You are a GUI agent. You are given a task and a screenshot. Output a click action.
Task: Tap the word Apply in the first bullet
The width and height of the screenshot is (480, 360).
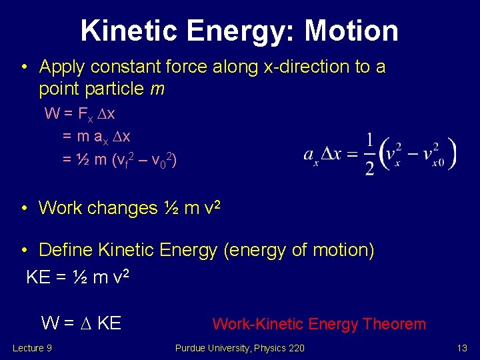(x=63, y=67)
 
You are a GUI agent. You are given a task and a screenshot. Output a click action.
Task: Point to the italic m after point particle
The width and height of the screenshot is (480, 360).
(x=157, y=88)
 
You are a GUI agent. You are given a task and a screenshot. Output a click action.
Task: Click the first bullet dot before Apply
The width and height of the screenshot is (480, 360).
(x=24, y=67)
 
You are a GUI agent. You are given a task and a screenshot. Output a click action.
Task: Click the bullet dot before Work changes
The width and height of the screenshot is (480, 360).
(x=24, y=209)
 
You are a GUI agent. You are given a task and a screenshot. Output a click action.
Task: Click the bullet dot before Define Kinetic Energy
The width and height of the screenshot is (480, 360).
(x=24, y=251)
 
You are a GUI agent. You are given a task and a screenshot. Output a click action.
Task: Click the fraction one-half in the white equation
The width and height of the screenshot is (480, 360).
(x=369, y=153)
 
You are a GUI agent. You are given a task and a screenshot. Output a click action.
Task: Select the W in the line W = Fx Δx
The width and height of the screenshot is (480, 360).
(x=51, y=113)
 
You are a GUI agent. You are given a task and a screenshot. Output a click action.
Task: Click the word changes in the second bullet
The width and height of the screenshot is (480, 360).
(x=124, y=208)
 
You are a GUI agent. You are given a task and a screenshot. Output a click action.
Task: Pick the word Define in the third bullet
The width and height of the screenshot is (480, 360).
(x=66, y=251)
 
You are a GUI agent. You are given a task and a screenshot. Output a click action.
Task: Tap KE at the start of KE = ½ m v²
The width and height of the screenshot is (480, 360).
(x=38, y=277)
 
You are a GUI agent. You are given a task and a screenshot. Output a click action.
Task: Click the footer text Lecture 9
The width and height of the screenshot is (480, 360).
(x=32, y=348)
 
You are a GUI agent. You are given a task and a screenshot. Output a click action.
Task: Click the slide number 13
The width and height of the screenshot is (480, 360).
(x=461, y=348)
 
